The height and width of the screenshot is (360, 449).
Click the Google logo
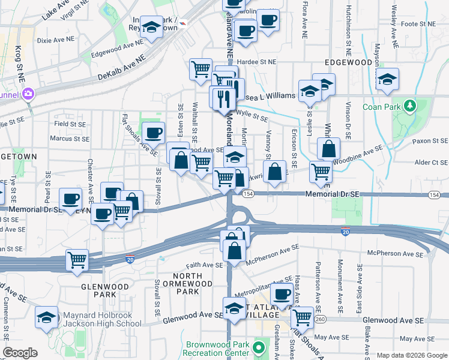(x=20, y=353)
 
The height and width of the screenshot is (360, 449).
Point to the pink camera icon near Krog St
(x=28, y=94)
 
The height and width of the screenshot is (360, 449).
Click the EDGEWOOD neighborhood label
(x=348, y=62)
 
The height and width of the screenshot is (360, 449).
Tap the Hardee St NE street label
(x=255, y=61)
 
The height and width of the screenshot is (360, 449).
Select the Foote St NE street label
(x=418, y=24)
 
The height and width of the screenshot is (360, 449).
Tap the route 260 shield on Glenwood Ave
(x=321, y=320)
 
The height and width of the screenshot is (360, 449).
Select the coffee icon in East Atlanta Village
(x=281, y=295)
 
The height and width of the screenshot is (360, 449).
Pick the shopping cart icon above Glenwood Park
(x=77, y=260)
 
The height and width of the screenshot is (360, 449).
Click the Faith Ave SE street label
(x=204, y=265)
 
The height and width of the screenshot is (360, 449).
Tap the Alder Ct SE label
(x=431, y=163)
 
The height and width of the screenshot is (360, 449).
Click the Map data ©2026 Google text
(x=412, y=355)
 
